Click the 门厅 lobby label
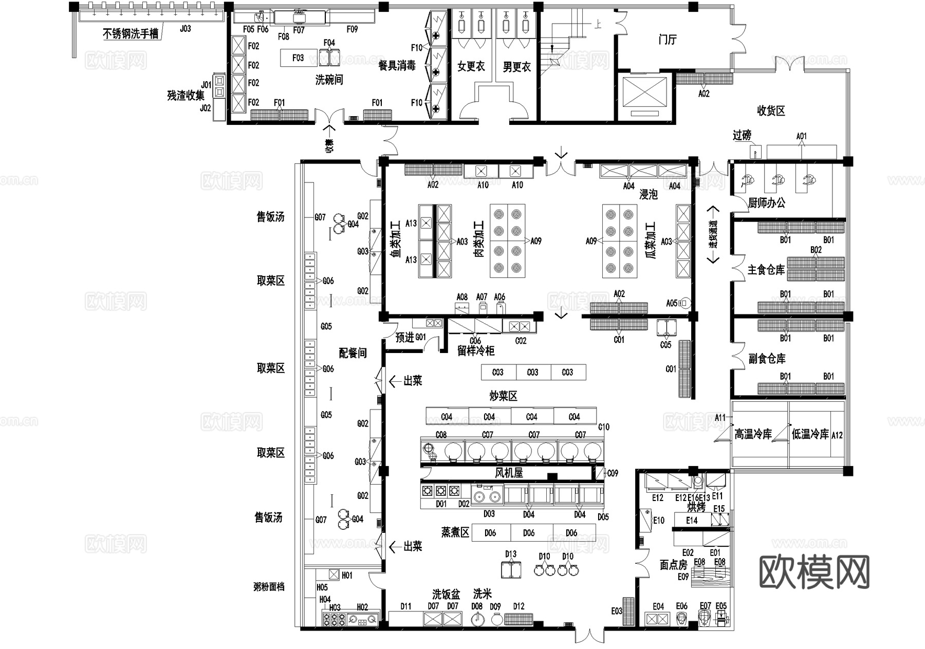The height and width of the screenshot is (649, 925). (668, 40)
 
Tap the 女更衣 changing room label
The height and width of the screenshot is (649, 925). (471, 66)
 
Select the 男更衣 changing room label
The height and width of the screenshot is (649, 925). (516, 67)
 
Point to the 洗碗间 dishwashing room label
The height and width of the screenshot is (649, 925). (329, 80)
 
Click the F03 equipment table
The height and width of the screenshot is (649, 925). (298, 58)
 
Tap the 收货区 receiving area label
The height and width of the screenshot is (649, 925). (771, 110)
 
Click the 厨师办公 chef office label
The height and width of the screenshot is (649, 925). (766, 203)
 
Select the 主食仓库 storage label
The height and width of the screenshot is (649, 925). (766, 270)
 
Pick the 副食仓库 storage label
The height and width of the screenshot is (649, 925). (767, 359)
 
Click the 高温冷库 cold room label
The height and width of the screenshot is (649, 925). (753, 435)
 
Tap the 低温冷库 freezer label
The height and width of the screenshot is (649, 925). (810, 435)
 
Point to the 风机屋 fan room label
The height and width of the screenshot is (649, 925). (509, 473)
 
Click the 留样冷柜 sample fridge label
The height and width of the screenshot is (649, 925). (476, 351)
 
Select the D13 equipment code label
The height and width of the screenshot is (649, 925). (510, 554)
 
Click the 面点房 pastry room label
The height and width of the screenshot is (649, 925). (673, 565)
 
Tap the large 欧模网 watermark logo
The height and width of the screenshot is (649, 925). (814, 571)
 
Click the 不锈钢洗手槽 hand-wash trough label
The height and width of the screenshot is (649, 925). (131, 34)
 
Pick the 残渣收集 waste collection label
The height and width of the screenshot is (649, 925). (186, 96)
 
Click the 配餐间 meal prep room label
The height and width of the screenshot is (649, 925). (353, 353)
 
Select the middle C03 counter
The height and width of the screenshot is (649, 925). (532, 372)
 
